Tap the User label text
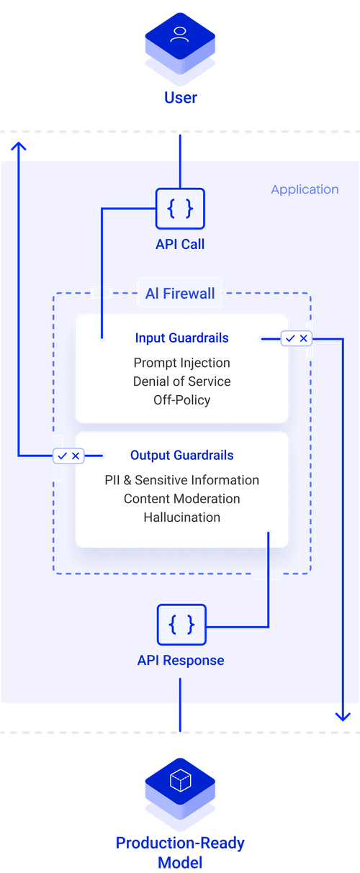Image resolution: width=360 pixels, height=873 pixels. [179, 98]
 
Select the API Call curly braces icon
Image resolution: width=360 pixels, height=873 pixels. [179, 209]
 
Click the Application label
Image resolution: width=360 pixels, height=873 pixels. [305, 190]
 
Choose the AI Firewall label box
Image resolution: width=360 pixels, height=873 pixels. [180, 294]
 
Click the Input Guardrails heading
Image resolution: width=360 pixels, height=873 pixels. [181, 338]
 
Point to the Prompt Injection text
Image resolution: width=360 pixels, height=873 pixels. [181, 363]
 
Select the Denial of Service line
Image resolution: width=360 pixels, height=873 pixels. [181, 381]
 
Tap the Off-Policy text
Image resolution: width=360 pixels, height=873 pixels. [181, 399]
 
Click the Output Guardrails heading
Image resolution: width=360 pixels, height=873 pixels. [181, 455]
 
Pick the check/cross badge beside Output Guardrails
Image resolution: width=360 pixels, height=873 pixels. [68, 456]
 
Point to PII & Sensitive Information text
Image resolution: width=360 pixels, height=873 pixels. [181, 480]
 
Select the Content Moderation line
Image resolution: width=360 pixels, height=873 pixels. [181, 499]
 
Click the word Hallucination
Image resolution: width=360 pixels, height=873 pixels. [181, 517]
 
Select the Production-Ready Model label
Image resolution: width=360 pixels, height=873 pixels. [179, 852]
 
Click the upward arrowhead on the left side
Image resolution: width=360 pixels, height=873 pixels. [19, 146]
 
